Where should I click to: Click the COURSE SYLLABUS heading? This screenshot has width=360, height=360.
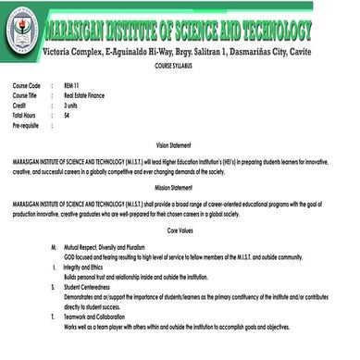[x=179, y=68]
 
